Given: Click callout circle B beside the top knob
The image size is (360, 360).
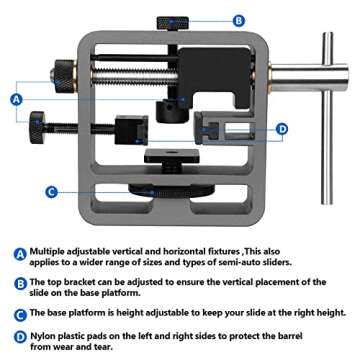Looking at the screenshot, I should tap(238, 19).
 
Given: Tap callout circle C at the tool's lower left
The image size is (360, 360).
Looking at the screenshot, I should tap(51, 190).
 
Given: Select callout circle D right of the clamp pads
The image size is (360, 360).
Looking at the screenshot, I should tap(281, 128).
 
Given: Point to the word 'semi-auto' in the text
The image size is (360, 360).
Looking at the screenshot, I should tap(235, 262).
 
